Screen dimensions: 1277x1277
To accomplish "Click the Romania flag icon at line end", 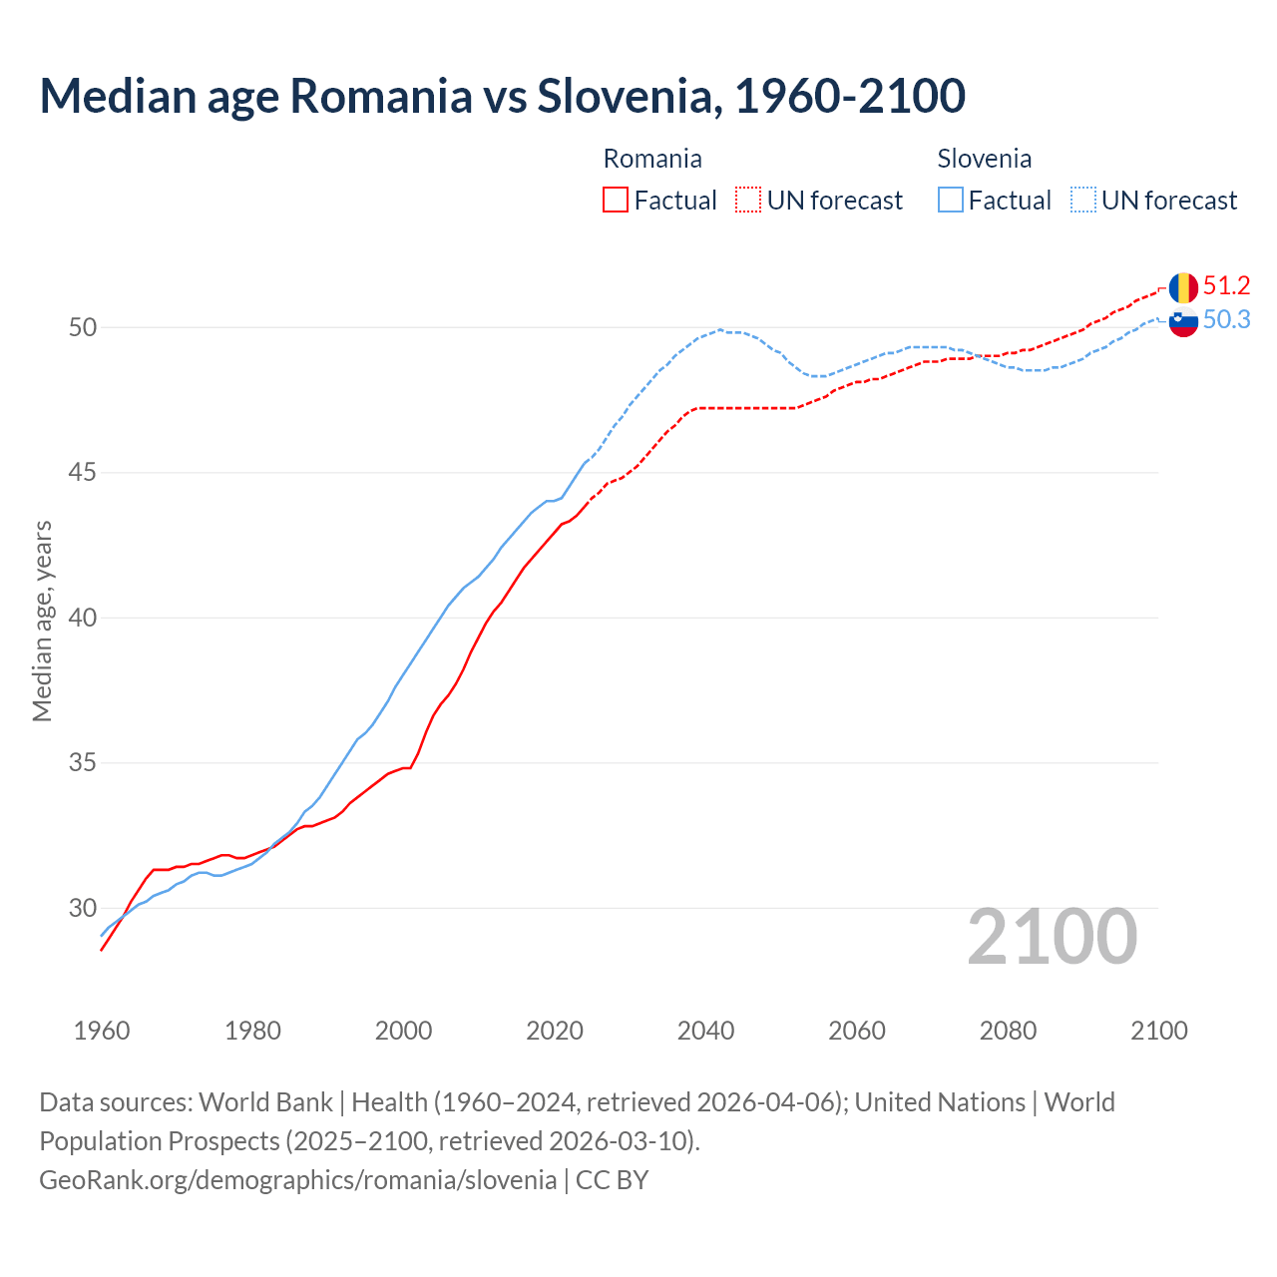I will tap(1183, 288).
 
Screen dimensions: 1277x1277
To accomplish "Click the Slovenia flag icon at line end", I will tap(1183, 322).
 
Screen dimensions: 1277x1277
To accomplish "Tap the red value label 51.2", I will tap(1226, 286).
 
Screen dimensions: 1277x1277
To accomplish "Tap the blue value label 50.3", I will tap(1226, 320).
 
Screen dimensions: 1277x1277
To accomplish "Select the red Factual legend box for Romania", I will tap(616, 201).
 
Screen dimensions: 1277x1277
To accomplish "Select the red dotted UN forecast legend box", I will tap(748, 201).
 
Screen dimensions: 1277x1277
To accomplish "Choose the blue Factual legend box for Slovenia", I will tap(951, 201).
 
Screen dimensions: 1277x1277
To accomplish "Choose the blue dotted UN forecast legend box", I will tap(1082, 201).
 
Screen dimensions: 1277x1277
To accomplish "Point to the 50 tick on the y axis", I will tap(83, 327).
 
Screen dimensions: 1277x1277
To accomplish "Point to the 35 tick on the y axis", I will tap(83, 763).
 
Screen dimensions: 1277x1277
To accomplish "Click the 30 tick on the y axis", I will tap(83, 908).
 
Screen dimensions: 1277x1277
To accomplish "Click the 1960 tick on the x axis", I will tap(102, 1031).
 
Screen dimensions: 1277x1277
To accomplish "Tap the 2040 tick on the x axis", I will tap(705, 1031).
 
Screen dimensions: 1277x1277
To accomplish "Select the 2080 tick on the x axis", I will tap(1008, 1031).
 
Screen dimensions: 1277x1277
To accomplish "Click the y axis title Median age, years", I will tap(42, 621).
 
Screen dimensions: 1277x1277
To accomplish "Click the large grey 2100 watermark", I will tap(1052, 937).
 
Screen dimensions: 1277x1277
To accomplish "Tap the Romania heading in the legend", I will tap(652, 159).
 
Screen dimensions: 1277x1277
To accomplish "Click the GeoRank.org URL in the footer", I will tap(297, 1180).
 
